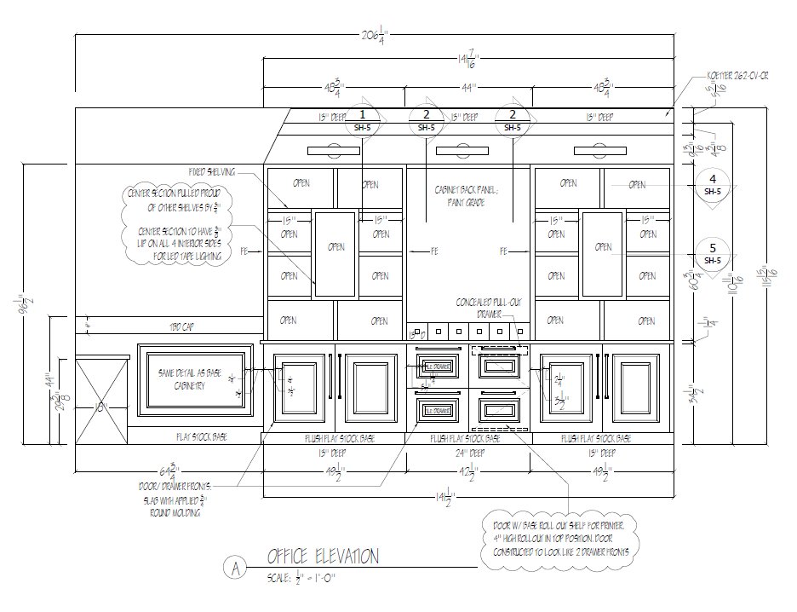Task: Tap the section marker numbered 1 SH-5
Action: pos(363,119)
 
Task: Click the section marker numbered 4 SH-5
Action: pos(712,184)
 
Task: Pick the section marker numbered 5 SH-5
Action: pos(712,253)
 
